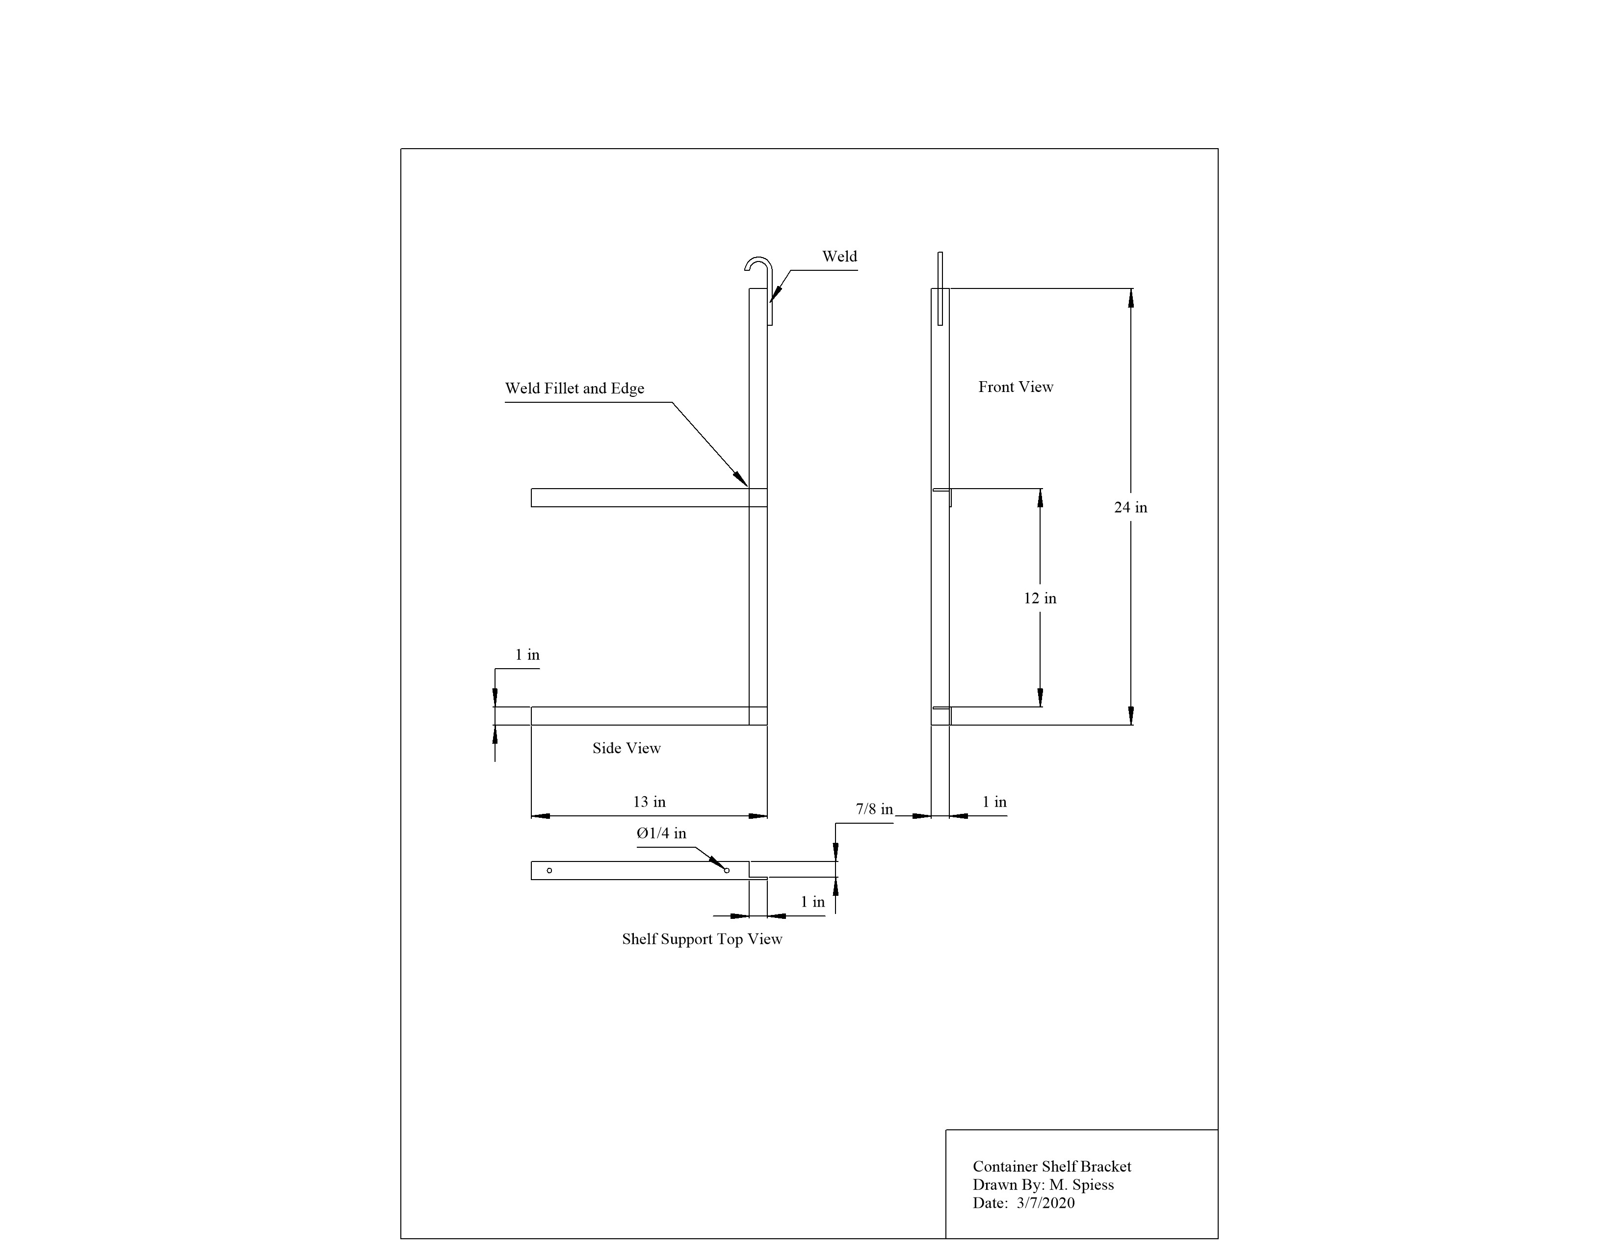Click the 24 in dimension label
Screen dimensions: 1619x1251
[x=1130, y=508]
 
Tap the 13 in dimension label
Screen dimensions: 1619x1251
[x=650, y=802]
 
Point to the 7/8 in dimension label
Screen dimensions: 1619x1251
[x=875, y=809]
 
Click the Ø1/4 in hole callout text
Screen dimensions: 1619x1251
[x=661, y=834]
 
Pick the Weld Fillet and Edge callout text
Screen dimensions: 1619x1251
[x=574, y=389]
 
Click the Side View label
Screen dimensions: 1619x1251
[x=627, y=749]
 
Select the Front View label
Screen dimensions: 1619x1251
[x=1016, y=387]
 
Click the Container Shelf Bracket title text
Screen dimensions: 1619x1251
[x=1052, y=1167]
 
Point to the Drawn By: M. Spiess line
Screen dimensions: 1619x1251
[x=1043, y=1185]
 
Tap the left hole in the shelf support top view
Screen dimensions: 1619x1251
[x=549, y=870]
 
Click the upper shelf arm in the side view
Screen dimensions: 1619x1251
[x=649, y=497]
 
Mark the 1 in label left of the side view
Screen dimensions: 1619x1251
[x=527, y=655]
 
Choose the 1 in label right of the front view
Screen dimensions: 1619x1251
[x=994, y=802]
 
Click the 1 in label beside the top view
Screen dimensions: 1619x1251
[x=812, y=902]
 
